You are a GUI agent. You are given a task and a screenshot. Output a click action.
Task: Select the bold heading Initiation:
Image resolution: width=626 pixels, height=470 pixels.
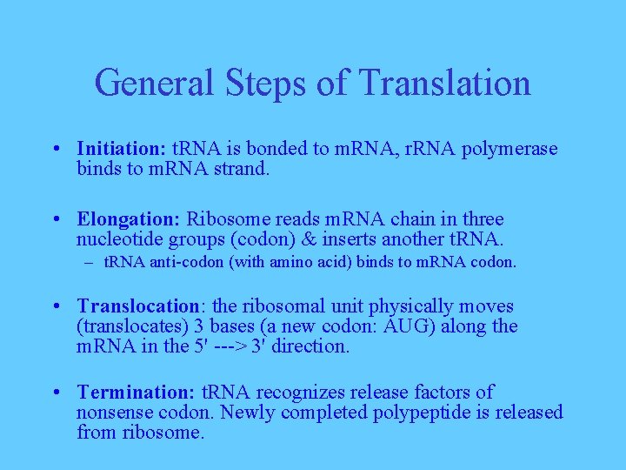tap(122, 149)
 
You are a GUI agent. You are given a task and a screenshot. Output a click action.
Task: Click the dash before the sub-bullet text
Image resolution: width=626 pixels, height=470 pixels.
tap(90, 261)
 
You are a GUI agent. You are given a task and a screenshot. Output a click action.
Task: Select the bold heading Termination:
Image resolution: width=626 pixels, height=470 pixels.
tap(137, 393)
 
